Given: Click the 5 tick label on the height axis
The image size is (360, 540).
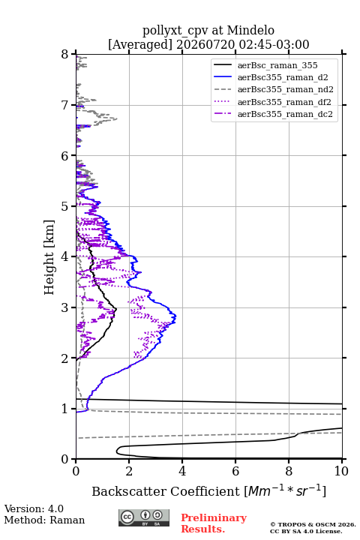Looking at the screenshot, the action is tap(65, 206).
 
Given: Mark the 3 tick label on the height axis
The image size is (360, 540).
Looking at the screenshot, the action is tap(65, 307).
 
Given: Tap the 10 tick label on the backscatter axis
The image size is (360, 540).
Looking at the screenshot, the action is tap(341, 471).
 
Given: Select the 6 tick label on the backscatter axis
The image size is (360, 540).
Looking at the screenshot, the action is tap(235, 471).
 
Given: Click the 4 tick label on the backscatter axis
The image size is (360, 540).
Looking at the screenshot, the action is tap(182, 471).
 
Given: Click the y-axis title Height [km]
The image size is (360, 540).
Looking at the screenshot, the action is tap(49, 257).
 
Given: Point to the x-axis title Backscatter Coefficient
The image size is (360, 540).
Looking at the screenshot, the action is tap(166, 491).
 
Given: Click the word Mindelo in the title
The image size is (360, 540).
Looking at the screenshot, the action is tap(250, 31).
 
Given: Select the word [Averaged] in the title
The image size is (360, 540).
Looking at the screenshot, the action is tap(140, 45).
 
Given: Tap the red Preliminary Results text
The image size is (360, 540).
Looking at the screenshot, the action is tap(214, 523).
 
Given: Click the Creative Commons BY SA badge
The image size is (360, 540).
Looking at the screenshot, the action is tap(144, 518).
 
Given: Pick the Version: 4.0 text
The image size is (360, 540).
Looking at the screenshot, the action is tap(34, 508).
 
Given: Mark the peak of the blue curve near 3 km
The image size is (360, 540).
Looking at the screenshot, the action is tap(176, 316).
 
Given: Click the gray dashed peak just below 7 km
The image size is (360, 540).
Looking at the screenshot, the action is tap(116, 118).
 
